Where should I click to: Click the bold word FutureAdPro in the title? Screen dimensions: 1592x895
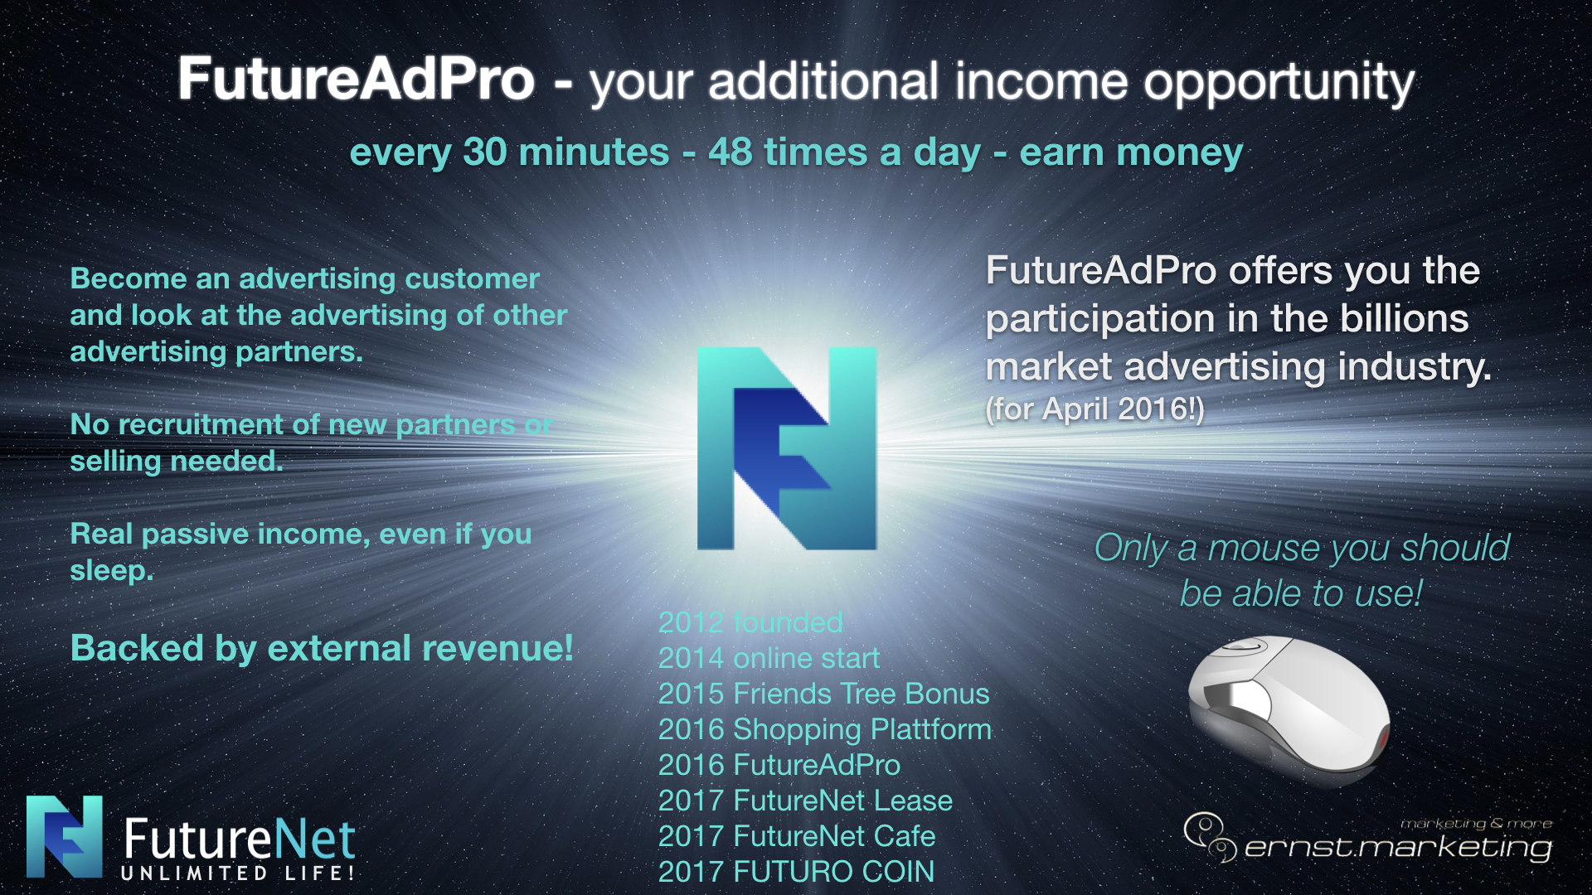pyautogui.click(x=357, y=80)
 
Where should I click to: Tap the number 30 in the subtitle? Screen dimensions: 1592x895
pyautogui.click(x=485, y=152)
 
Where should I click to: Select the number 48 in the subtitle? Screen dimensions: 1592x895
pyautogui.click(x=730, y=152)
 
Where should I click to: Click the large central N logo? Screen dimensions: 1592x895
pyautogui.click(x=787, y=448)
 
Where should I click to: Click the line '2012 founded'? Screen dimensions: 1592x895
pyautogui.click(x=750, y=622)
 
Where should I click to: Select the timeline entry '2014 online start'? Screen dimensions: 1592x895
pyautogui.click(x=769, y=658)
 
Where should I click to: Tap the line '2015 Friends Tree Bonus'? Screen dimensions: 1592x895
pyautogui.click(x=823, y=694)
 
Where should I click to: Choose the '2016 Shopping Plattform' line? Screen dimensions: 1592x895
pyautogui.click(x=825, y=730)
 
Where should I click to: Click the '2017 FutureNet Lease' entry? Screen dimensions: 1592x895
pyautogui.click(x=805, y=801)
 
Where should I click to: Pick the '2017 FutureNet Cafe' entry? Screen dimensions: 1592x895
pyautogui.click(x=797, y=836)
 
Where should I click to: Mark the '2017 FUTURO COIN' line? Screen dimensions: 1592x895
pyautogui.click(x=796, y=872)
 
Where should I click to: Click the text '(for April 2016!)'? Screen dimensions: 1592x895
pyautogui.click(x=1094, y=409)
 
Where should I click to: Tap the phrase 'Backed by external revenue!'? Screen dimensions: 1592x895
pyautogui.click(x=322, y=648)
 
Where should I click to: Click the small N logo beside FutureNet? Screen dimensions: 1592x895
pyautogui.click(x=65, y=837)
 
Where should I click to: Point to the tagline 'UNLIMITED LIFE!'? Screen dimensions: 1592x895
pyautogui.click(x=238, y=873)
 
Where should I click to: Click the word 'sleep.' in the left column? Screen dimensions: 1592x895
pyautogui.click(x=112, y=571)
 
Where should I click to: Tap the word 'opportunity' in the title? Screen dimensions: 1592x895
pyautogui.click(x=1279, y=84)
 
